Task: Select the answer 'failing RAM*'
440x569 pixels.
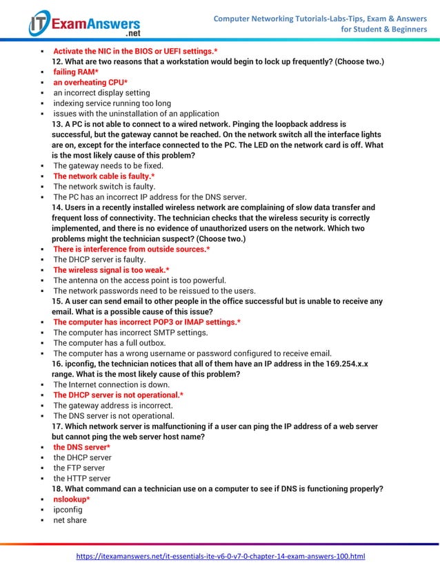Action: click(x=76, y=72)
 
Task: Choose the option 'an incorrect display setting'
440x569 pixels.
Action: click(x=101, y=93)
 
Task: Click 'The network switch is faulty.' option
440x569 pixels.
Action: click(x=104, y=187)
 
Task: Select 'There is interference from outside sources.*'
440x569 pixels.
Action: click(x=132, y=249)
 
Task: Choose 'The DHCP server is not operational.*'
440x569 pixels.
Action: click(x=119, y=395)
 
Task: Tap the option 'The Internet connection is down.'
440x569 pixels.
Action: click(x=111, y=384)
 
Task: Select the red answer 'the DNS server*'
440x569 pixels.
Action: click(x=81, y=447)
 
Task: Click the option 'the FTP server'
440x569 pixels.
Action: click(x=79, y=468)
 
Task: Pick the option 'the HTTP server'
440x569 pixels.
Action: click(x=81, y=478)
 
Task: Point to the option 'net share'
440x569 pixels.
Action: click(x=70, y=520)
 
